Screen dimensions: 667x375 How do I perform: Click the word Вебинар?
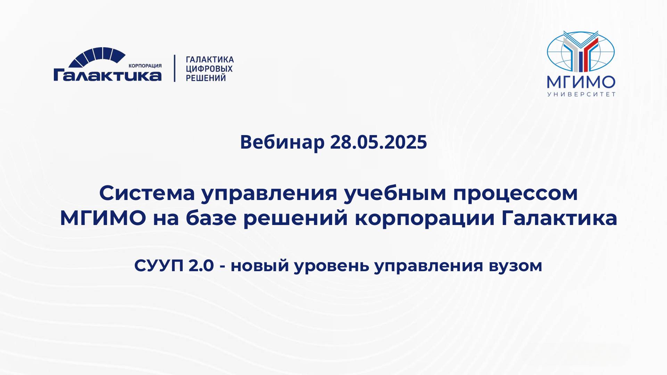pyautogui.click(x=282, y=142)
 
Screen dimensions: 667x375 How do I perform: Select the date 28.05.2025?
pyautogui.click(x=378, y=142)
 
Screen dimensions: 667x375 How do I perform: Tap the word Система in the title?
pyautogui.click(x=147, y=193)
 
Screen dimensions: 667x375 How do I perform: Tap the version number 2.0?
pyautogui.click(x=201, y=266)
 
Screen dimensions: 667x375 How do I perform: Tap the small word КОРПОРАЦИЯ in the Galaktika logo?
pyautogui.click(x=145, y=66)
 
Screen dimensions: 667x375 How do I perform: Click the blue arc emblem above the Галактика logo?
pyautogui.click(x=97, y=57)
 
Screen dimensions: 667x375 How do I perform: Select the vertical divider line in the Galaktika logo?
pyautogui.click(x=174, y=68)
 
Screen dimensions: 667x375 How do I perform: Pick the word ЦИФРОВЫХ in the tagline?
pyautogui.click(x=209, y=69)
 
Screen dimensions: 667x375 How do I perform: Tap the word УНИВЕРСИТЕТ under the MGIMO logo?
pyautogui.click(x=582, y=94)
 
